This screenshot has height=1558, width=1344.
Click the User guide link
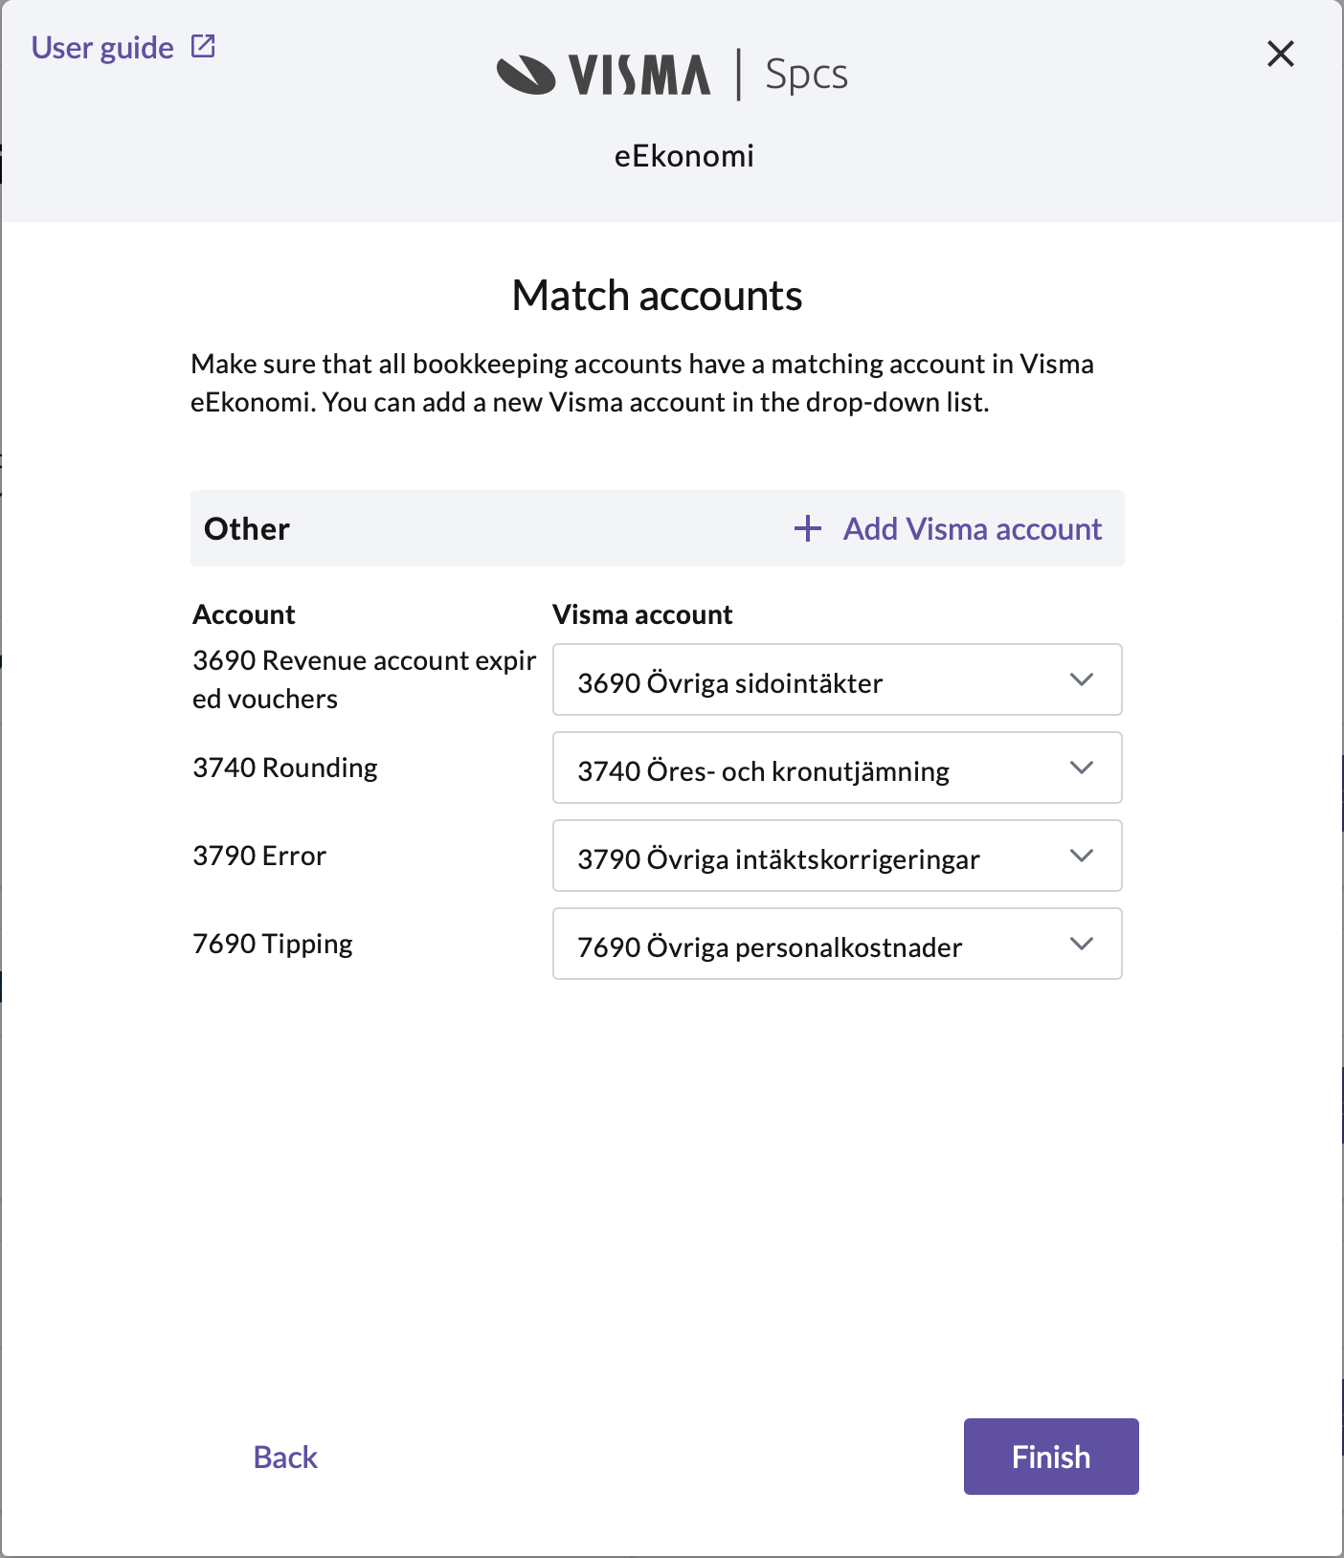(102, 48)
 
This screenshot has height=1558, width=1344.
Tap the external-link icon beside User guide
(204, 46)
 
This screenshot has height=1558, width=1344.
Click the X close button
(1280, 54)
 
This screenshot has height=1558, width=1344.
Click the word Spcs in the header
(806, 75)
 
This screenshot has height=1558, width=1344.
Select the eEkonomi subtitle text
(683, 156)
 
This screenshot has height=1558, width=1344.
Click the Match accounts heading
(657, 296)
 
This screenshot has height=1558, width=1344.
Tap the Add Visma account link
(972, 529)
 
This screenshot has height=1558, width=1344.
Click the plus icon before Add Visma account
(808, 528)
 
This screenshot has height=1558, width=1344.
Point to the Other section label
(247, 529)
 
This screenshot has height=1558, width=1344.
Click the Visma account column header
(642, 614)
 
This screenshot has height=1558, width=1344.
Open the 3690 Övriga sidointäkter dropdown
(837, 680)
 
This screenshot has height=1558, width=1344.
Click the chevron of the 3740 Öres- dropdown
(1082, 768)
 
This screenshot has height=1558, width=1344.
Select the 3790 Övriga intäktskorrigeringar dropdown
(837, 857)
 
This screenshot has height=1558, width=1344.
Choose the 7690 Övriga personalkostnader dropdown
(837, 945)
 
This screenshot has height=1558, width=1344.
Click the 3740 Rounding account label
(285, 768)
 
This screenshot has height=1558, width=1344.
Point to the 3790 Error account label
(259, 856)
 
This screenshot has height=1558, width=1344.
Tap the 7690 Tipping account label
(273, 944)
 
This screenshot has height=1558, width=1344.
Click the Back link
(285, 1457)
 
